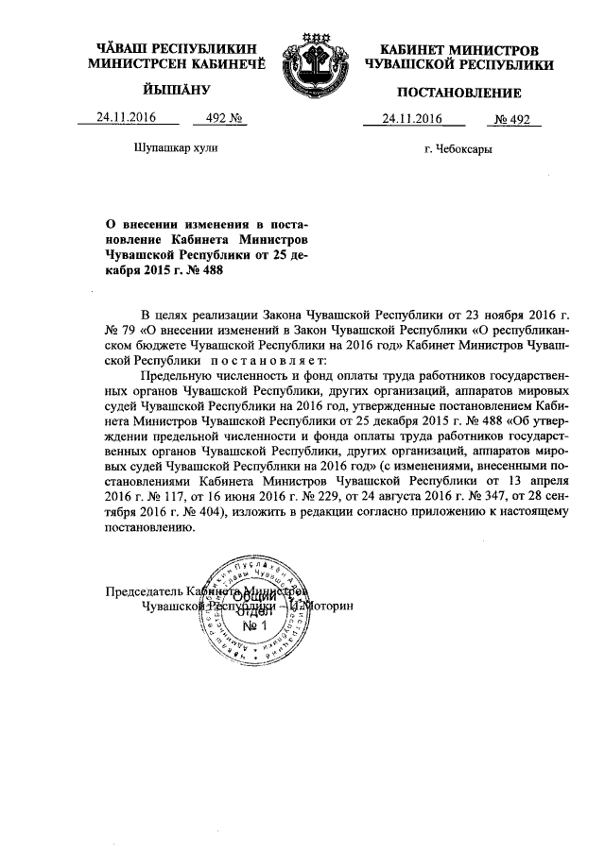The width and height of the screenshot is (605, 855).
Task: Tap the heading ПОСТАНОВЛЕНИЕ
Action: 459,93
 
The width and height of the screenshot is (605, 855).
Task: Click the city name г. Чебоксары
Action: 458,149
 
